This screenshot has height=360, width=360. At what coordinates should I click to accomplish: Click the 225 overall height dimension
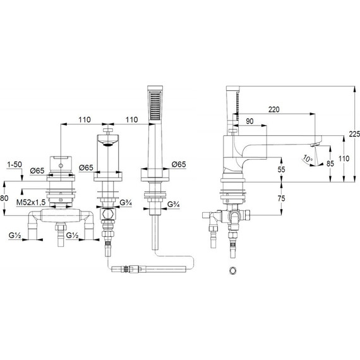coord(355,134)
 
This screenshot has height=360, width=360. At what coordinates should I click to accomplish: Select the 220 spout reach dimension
coord(274,109)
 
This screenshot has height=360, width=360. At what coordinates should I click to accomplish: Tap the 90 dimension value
coord(249,121)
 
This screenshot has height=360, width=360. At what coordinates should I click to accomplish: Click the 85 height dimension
coord(330,164)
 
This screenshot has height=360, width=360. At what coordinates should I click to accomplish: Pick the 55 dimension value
coord(281,169)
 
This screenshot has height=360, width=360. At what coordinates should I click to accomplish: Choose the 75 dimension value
coord(281,198)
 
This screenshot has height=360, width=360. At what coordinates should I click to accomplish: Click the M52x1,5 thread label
coord(31,202)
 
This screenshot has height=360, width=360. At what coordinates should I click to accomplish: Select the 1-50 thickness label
coord(15,164)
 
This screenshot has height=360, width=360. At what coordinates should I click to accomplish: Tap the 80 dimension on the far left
coord(4,198)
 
